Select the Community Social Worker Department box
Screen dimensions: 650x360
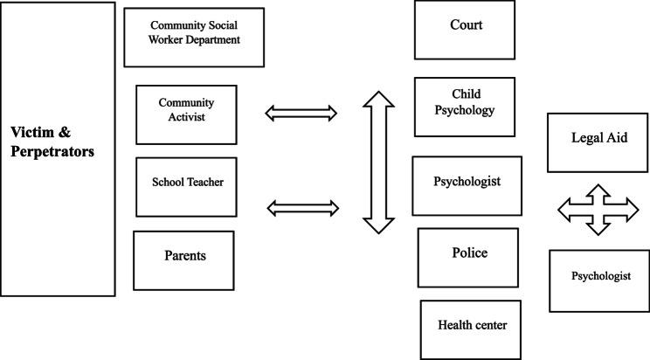pyautogui.click(x=194, y=37)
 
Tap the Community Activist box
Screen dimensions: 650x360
pyautogui.click(x=186, y=109)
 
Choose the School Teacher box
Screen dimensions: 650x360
pyautogui.click(x=187, y=183)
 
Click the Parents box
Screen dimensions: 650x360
pyautogui.click(x=183, y=257)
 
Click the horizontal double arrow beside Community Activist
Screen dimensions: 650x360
pyautogui.click(x=301, y=111)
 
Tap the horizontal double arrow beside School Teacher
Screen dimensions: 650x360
pyautogui.click(x=301, y=207)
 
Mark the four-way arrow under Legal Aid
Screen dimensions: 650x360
pyautogui.click(x=598, y=210)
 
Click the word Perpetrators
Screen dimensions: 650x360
pyautogui.click(x=52, y=151)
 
